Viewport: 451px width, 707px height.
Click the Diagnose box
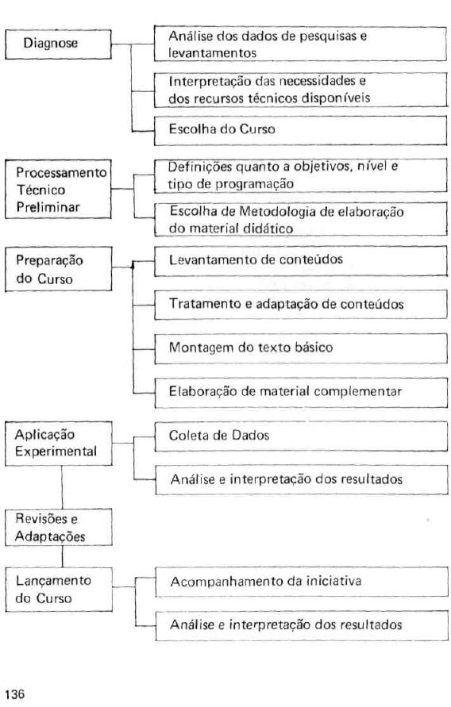pyautogui.click(x=58, y=44)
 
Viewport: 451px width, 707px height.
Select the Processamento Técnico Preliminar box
pyautogui.click(x=58, y=190)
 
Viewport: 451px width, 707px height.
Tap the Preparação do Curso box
pyautogui.click(x=58, y=269)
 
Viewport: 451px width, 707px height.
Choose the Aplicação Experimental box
pyautogui.click(x=59, y=444)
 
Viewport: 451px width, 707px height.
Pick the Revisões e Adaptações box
pyautogui.click(x=59, y=528)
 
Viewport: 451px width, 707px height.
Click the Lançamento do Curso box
pyautogui.click(x=59, y=590)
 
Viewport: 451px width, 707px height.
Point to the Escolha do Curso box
pyautogui.click(x=300, y=131)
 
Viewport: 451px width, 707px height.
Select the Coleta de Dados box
pyautogui.click(x=301, y=436)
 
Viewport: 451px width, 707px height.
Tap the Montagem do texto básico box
pyautogui.click(x=301, y=348)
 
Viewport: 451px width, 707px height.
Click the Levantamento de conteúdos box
pyautogui.click(x=301, y=261)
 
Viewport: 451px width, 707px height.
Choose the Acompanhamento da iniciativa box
pyautogui.click(x=302, y=582)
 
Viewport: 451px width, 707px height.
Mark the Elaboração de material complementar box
pyautogui.click(x=301, y=393)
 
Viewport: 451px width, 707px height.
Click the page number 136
pyautogui.click(x=15, y=694)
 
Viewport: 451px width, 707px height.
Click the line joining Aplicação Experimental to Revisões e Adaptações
pyautogui.click(x=62, y=487)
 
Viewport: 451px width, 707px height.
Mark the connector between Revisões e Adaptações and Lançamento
pyautogui.click(x=62, y=556)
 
